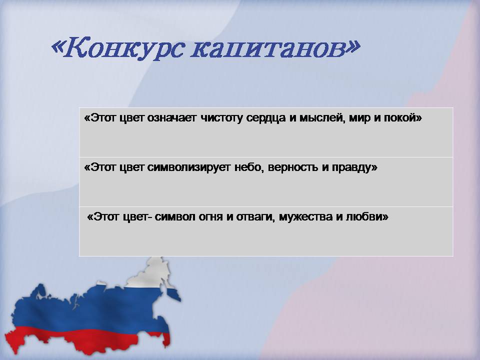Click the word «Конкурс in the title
(x=118, y=48)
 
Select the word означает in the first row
(x=171, y=117)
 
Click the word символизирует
(x=188, y=168)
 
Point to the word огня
(x=210, y=217)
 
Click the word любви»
(x=367, y=217)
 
